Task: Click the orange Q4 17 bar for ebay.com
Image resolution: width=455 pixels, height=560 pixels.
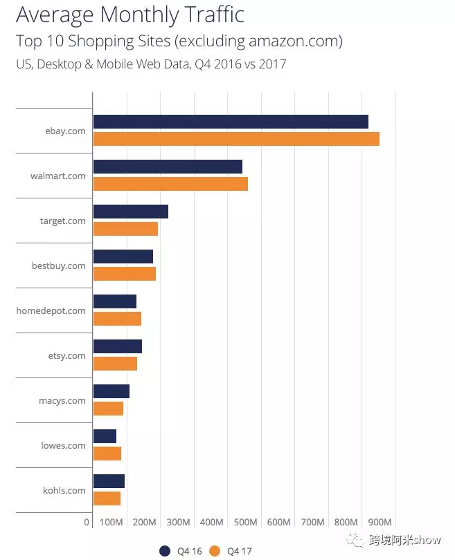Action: (235, 139)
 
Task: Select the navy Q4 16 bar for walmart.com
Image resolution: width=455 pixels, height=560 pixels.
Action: (168, 167)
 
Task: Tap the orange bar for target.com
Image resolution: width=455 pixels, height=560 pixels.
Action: (125, 229)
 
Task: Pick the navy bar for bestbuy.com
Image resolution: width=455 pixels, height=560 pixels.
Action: (123, 256)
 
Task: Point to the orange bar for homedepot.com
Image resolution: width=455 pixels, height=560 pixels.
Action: (117, 319)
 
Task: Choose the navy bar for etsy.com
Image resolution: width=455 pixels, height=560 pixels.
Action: (117, 346)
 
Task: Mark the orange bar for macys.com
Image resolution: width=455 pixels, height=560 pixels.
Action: (108, 409)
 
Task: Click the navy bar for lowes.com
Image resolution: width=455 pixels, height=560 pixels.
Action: (105, 436)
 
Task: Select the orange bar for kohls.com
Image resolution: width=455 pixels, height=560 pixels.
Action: (107, 498)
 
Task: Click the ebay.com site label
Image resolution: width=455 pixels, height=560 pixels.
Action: (65, 131)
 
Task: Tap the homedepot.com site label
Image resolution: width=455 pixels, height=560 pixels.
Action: (51, 310)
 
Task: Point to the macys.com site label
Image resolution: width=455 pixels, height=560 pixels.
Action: (62, 400)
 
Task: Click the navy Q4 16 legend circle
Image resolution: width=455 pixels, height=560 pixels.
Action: (165, 551)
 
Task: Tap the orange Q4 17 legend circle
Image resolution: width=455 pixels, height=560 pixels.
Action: (215, 551)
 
